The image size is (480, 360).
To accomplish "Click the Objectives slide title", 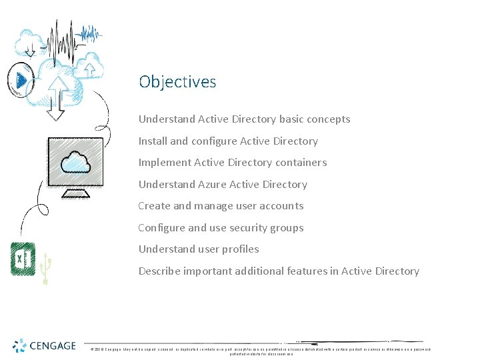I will [177, 82].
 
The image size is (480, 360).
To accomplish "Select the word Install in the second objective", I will [153, 141].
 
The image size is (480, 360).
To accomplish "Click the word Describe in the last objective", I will [161, 271].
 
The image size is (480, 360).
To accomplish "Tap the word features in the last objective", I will [318, 271].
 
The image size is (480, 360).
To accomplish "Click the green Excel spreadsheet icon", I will [23, 259].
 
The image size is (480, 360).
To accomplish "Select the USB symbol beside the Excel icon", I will [45, 268].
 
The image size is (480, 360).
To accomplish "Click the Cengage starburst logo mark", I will [21, 345].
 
